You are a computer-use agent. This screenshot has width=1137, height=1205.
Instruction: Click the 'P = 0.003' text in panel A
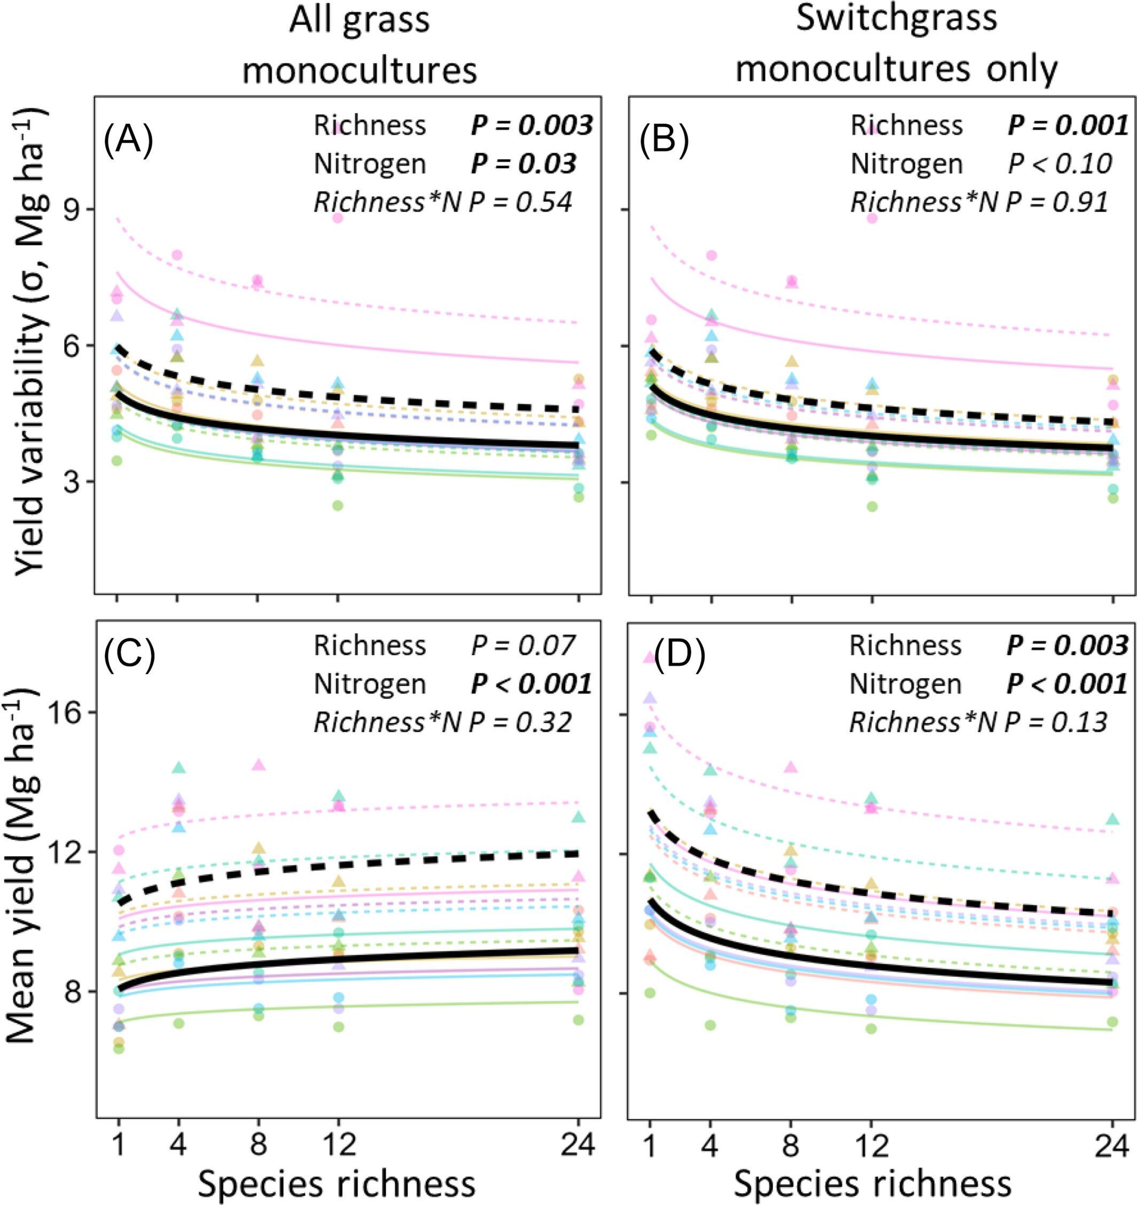(x=532, y=126)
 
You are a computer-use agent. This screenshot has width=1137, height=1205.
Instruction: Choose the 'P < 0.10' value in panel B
(x=1060, y=163)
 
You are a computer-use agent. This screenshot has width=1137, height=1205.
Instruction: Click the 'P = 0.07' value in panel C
(x=523, y=646)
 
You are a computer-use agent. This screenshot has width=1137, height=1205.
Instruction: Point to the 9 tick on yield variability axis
(x=76, y=210)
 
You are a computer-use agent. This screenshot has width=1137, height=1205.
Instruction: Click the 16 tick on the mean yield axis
(x=67, y=713)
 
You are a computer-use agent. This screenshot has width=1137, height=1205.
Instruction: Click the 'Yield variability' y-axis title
(x=30, y=339)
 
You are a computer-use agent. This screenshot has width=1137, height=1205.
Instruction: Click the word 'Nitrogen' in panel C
(x=369, y=684)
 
